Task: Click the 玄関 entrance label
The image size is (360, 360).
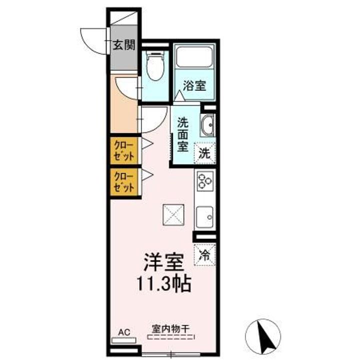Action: click(123, 45)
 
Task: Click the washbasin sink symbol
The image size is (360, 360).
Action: click(207, 125)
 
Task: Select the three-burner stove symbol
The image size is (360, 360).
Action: click(205, 180)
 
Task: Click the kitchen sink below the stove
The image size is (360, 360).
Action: click(205, 216)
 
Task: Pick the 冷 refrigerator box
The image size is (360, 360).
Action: click(205, 254)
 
